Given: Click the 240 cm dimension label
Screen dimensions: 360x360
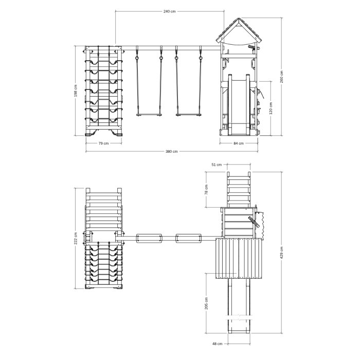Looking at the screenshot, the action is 169,11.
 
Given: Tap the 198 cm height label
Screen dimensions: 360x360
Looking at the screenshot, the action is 76,91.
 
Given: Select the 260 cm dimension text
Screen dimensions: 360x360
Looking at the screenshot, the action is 281,77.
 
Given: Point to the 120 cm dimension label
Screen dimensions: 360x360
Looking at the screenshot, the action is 271,108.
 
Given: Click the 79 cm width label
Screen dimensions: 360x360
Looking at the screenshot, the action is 103,143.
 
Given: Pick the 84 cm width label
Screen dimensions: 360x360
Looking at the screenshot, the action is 239,143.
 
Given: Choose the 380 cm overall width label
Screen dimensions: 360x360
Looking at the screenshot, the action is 171,152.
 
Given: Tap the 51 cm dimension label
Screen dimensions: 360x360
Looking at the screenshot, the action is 217,165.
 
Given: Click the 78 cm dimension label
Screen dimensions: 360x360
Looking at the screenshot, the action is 206,190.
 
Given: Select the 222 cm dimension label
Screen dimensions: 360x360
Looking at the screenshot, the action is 76,238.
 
